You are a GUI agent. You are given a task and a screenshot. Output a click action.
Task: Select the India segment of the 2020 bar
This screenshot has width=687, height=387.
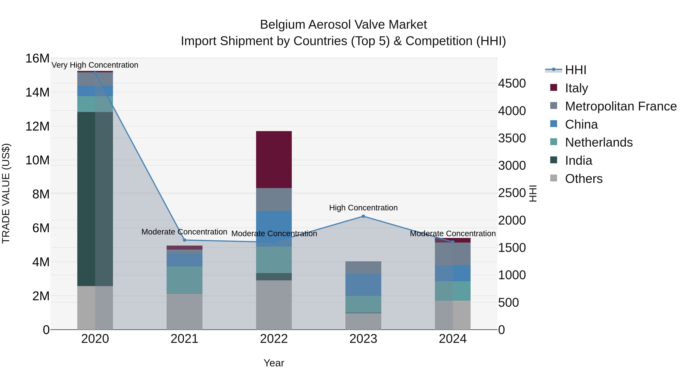click(95, 199)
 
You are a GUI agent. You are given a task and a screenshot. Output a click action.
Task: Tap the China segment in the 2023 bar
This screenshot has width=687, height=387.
click(363, 285)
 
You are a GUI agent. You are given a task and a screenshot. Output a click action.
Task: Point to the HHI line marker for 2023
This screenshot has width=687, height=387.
click(363, 216)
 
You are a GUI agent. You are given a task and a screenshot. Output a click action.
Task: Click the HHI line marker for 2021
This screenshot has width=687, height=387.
click(184, 240)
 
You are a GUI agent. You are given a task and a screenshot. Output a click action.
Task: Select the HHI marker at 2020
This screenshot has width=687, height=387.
click(95, 73)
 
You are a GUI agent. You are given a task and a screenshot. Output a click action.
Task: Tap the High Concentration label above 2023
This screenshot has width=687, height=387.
click(363, 208)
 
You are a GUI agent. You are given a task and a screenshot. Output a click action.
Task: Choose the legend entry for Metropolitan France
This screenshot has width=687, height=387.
click(620, 106)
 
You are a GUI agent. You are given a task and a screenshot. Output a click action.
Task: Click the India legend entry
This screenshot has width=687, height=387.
click(578, 161)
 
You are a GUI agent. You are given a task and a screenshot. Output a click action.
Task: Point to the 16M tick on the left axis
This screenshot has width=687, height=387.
click(37, 58)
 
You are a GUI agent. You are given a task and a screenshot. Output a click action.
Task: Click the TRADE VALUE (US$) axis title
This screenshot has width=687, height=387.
click(6, 193)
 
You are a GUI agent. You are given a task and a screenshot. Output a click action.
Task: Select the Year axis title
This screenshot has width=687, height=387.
click(274, 363)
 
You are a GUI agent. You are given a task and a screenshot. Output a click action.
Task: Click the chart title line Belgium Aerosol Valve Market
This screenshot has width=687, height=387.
click(343, 25)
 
